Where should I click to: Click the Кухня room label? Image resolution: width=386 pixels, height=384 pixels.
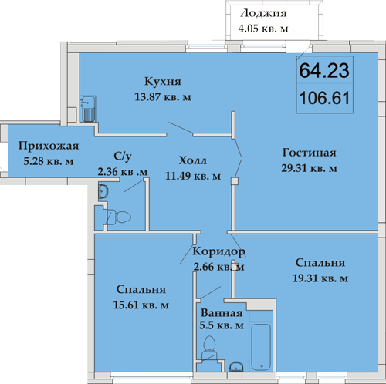tap(163, 82)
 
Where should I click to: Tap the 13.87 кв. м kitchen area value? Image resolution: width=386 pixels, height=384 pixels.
tap(163, 97)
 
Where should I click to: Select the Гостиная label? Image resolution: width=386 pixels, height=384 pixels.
tap(310, 153)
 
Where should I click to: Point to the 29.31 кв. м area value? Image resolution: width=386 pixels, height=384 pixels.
tap(309, 168)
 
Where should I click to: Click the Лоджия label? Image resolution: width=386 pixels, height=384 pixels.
tap(263, 14)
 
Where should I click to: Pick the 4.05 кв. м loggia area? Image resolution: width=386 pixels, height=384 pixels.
tap(263, 29)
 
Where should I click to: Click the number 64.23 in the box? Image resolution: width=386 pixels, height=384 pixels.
tap(324, 70)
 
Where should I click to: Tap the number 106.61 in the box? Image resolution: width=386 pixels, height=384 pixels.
tap(325, 98)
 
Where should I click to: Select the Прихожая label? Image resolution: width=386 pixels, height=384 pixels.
tap(49, 146)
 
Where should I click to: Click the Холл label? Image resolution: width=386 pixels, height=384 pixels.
tap(193, 160)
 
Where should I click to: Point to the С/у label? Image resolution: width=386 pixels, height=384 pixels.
tap(123, 156)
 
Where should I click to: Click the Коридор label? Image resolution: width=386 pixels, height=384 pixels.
tap(218, 251)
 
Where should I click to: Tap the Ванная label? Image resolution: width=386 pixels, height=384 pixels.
tap(222, 313)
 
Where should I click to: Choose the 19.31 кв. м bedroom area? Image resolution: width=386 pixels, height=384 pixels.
tap(320, 278)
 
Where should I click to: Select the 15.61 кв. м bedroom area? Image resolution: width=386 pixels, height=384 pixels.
tap(141, 305)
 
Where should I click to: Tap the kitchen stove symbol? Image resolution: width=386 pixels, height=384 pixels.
tap(88, 109)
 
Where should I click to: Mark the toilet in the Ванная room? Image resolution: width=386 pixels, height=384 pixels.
tap(209, 349)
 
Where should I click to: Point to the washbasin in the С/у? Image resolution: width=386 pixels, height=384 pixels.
tap(103, 191)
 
